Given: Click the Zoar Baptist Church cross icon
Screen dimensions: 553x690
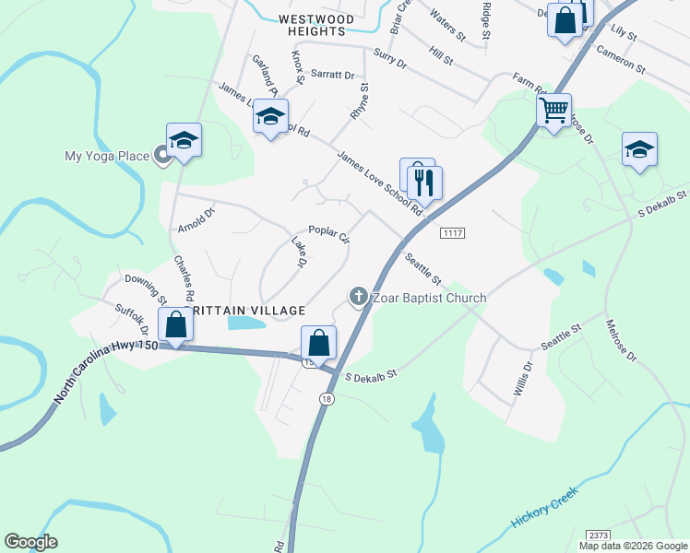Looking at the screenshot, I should click(358, 297).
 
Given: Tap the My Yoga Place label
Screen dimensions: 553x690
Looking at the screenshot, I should click(107, 156).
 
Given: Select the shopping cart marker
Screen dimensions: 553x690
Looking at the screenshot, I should click(553, 112).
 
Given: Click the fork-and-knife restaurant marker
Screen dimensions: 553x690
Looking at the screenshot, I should click(424, 182).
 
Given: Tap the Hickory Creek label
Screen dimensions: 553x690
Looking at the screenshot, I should click(544, 509).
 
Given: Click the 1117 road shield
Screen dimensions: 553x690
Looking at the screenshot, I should click(451, 233).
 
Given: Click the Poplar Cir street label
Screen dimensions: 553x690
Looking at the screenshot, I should click(329, 235).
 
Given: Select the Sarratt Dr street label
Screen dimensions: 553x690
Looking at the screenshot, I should click(332, 74).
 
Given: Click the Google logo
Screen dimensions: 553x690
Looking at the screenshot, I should click(30, 542).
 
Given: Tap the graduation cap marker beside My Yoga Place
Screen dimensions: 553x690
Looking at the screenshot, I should click(184, 140).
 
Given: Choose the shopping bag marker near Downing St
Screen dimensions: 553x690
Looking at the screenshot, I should click(174, 324).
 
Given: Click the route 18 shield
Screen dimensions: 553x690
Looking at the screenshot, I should click(327, 398).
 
